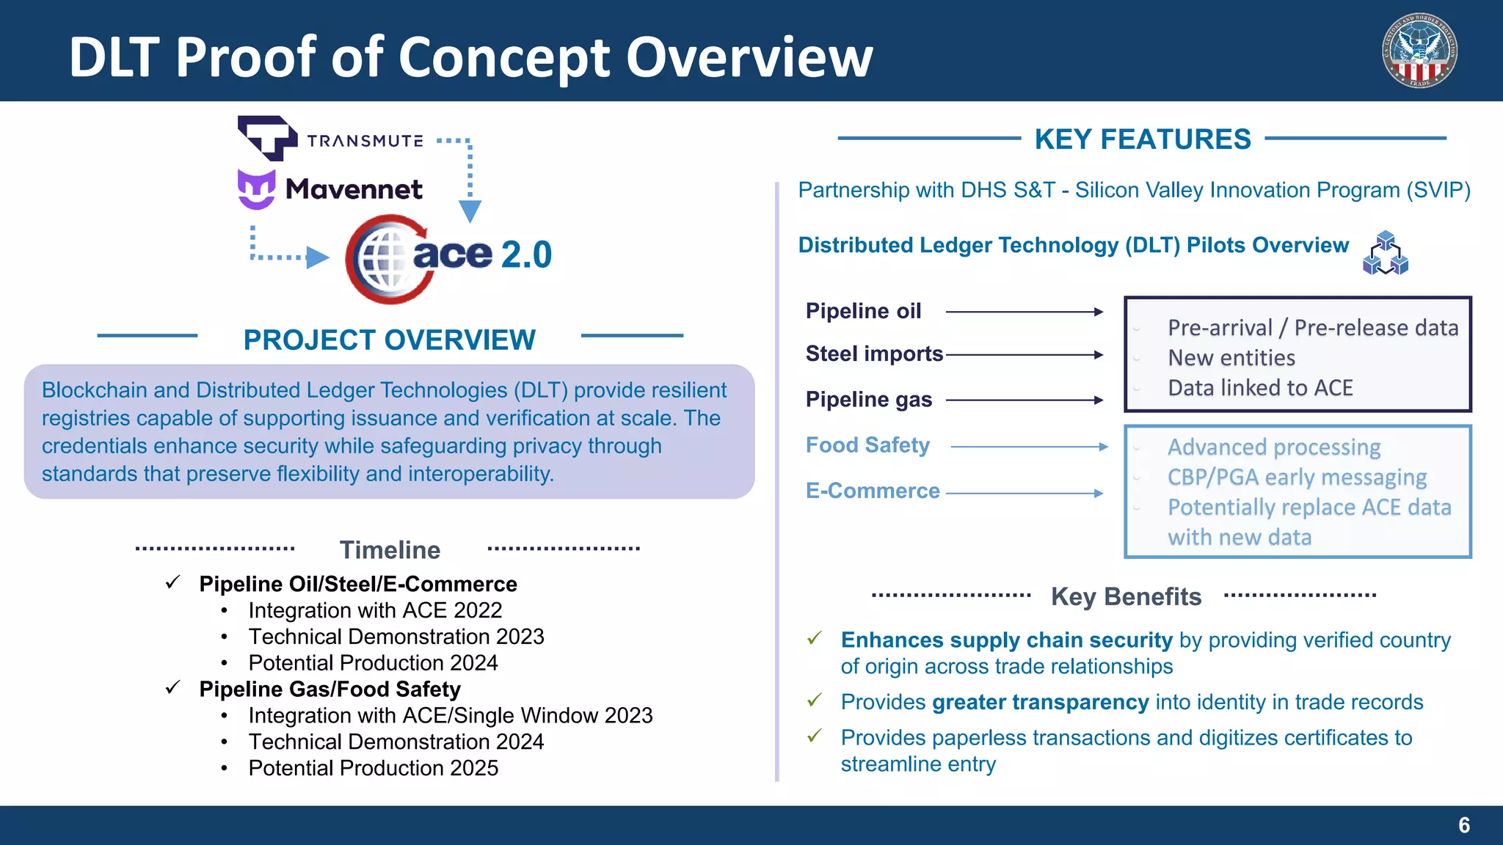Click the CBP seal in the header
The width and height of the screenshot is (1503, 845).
pyautogui.click(x=1419, y=51)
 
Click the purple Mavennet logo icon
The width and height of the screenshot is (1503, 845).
pyautogui.click(x=256, y=189)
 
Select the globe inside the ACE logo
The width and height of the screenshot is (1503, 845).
pyautogui.click(x=381, y=258)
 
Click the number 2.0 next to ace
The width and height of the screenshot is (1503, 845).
pyautogui.click(x=525, y=255)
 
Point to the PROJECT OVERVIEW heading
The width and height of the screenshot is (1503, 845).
pyautogui.click(x=389, y=340)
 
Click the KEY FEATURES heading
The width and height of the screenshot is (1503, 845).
pyautogui.click(x=1142, y=139)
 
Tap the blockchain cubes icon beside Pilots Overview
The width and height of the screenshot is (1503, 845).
pyautogui.click(x=1385, y=253)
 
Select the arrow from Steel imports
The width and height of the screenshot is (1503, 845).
pyautogui.click(x=1025, y=355)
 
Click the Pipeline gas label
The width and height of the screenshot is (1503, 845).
pyautogui.click(x=868, y=400)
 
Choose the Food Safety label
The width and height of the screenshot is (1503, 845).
pyautogui.click(x=867, y=445)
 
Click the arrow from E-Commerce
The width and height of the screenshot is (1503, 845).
pyautogui.click(x=1025, y=494)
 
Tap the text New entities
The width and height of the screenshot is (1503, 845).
pyautogui.click(x=1231, y=358)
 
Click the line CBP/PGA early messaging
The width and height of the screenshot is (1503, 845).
pyautogui.click(x=1297, y=478)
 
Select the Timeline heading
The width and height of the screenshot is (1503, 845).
pyautogui.click(x=390, y=550)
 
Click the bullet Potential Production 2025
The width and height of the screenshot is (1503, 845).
pyautogui.click(x=373, y=768)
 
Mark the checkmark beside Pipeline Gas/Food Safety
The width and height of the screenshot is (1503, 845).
pyautogui.click(x=173, y=688)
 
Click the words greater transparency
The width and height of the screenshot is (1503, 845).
pyautogui.click(x=1040, y=702)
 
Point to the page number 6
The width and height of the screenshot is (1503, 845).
pyautogui.click(x=1463, y=825)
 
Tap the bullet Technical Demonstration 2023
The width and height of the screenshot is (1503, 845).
pyautogui.click(x=396, y=637)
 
